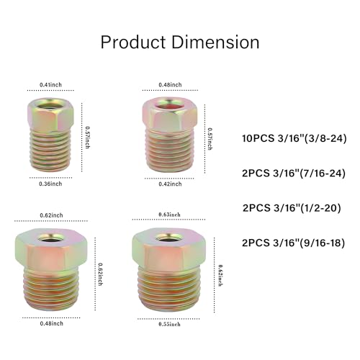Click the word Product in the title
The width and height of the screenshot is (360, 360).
click(133, 42)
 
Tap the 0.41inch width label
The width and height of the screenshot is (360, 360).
click(50, 85)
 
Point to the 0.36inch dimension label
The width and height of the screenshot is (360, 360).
click(50, 184)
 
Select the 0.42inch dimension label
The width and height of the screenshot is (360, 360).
click(170, 184)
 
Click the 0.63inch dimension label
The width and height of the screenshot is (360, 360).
click(169, 215)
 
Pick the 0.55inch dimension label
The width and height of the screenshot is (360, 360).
click(169, 324)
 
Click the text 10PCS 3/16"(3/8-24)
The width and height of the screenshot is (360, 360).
click(294, 138)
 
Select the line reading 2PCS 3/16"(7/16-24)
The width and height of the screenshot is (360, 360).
click(294, 173)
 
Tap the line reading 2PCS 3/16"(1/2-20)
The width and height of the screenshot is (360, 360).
click(292, 208)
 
